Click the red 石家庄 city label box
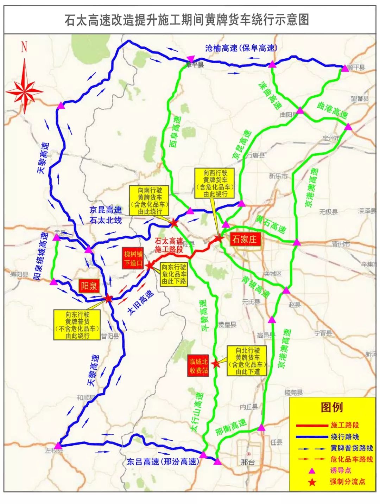(x=244, y=240)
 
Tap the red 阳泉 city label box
(x=89, y=286)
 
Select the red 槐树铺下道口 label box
(x=133, y=259)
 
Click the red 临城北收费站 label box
(x=199, y=366)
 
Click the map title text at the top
(x=187, y=20)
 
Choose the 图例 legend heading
(x=331, y=407)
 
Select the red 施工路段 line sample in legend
(x=312, y=426)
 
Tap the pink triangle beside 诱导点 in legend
(x=312, y=471)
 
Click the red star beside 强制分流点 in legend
(x=312, y=482)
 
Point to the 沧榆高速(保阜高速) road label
(x=241, y=48)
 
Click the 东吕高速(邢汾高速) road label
(x=163, y=461)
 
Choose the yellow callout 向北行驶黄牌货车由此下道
(x=248, y=361)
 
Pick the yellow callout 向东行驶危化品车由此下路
(x=174, y=274)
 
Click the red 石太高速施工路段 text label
(x=169, y=245)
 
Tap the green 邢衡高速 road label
(x=231, y=427)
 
